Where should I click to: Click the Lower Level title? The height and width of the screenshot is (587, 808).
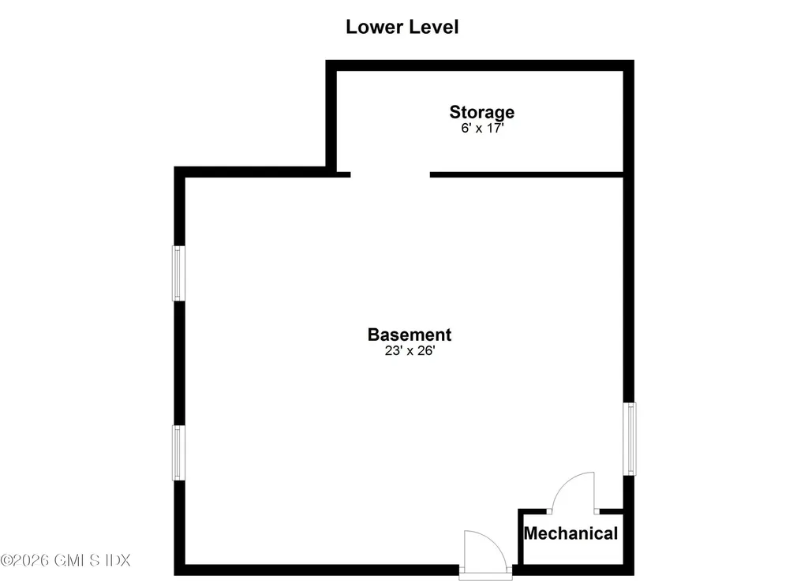click(402, 27)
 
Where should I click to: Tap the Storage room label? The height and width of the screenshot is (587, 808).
click(482, 112)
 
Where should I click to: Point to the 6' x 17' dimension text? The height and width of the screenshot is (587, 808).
click(482, 129)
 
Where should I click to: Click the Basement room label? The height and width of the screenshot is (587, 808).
click(410, 335)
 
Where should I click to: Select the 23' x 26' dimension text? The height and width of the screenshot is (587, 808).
click(410, 351)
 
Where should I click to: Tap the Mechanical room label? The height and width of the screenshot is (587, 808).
click(571, 533)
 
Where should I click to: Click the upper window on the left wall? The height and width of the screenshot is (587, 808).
click(178, 273)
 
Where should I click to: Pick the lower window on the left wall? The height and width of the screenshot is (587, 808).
click(178, 453)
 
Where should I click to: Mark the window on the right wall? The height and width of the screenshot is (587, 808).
click(629, 439)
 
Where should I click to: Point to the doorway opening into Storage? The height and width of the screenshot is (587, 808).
click(390, 174)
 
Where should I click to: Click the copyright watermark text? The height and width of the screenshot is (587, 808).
click(65, 560)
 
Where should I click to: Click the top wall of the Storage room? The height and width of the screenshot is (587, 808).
click(480, 65)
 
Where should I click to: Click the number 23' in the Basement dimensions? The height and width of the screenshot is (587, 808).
click(393, 351)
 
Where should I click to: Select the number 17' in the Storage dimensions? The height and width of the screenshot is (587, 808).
click(495, 129)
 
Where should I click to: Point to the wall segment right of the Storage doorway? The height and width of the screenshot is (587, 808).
click(526, 174)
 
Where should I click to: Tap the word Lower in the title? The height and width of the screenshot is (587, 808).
click(373, 27)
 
